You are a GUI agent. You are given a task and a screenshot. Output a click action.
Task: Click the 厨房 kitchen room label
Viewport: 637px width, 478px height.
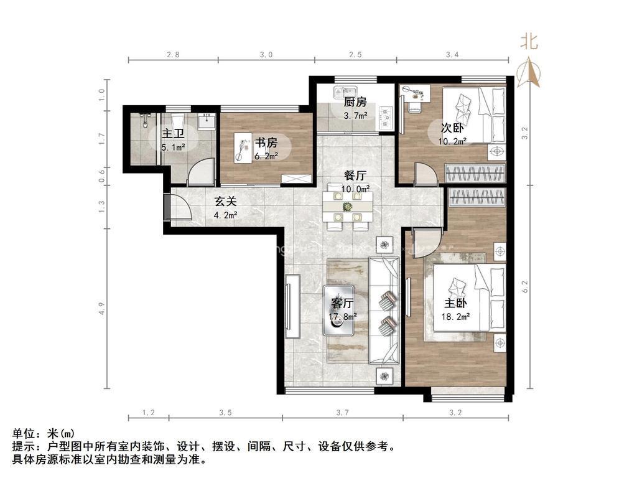[x=355, y=101]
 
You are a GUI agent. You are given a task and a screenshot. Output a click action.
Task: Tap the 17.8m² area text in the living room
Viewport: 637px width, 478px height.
[x=343, y=316]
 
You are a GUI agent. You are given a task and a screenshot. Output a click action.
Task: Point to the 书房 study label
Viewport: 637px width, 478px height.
[x=266, y=143]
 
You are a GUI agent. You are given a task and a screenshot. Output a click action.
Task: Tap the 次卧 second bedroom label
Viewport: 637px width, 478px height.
[x=452, y=128]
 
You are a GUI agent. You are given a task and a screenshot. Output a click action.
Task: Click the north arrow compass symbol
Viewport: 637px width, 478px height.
[x=529, y=72]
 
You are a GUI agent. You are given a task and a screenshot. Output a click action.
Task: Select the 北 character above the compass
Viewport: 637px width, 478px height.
[x=529, y=42]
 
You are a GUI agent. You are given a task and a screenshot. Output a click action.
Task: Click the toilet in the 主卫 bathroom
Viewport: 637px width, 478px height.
[x=178, y=121]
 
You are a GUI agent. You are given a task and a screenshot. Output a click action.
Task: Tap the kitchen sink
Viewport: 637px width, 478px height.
[x=345, y=93]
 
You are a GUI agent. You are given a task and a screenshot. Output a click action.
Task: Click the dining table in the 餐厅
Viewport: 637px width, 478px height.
[x=348, y=207]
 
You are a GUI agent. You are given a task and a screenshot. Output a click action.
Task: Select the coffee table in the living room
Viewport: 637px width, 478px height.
[x=338, y=311]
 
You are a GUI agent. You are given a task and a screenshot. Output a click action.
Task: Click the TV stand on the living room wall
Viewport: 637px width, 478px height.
[x=292, y=306]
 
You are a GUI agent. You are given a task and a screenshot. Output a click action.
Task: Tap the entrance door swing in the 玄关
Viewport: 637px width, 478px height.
[x=179, y=207]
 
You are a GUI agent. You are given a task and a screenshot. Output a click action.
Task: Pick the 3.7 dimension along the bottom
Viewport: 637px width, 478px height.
[x=343, y=413]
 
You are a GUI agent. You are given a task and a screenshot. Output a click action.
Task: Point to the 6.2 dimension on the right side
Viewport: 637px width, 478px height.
[x=525, y=287]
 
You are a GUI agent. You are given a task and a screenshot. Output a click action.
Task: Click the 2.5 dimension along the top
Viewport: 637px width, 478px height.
[x=355, y=55]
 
